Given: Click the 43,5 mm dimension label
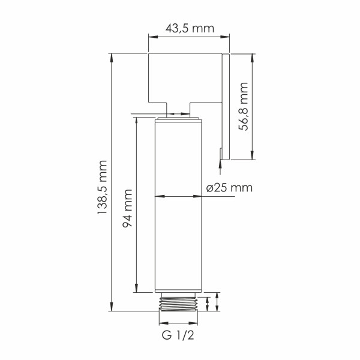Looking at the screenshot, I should (189, 28).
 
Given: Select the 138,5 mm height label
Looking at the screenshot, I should (101, 187).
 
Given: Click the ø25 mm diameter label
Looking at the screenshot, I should (228, 187).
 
